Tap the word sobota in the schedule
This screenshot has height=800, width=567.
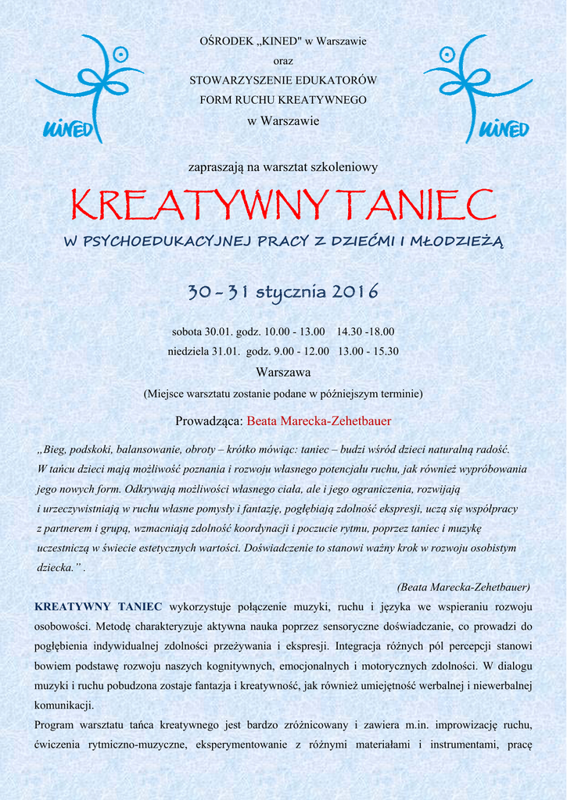click(x=188, y=331)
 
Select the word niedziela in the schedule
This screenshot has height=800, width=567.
click(x=188, y=352)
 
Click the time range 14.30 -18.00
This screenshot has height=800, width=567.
click(x=365, y=331)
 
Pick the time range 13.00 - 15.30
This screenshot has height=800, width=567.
click(x=368, y=352)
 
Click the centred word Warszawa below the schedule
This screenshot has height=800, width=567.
click(x=283, y=373)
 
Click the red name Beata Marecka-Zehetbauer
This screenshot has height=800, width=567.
click(x=319, y=421)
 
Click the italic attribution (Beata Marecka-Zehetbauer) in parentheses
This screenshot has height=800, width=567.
click(x=464, y=587)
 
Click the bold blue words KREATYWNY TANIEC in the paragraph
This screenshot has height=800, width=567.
click(x=99, y=606)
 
